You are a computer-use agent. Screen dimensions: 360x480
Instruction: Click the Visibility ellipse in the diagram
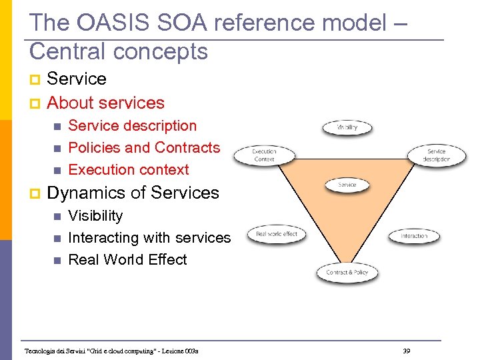(347, 127)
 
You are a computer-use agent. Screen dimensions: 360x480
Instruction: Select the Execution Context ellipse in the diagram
(264, 155)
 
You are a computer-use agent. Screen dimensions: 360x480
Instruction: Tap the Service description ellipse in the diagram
(436, 155)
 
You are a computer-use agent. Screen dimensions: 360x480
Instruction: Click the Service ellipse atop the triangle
(347, 185)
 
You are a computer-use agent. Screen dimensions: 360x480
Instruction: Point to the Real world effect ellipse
(276, 234)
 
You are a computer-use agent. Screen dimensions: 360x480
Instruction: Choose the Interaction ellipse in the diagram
(414, 236)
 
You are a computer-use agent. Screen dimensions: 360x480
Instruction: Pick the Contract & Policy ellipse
(347, 272)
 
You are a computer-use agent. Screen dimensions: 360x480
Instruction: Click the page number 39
(406, 351)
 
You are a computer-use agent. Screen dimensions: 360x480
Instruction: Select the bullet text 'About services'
(105, 103)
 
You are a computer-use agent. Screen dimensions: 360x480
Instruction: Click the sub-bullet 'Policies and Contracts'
(144, 147)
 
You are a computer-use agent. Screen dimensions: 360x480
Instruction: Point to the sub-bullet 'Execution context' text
(129, 169)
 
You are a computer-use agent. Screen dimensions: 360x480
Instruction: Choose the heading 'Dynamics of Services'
(133, 193)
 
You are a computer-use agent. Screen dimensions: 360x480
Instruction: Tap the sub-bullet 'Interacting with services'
(149, 237)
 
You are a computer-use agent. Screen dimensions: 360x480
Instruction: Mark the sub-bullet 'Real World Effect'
(127, 259)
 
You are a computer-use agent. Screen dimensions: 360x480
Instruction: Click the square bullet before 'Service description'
(57, 126)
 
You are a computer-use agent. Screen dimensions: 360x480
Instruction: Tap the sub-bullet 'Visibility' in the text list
(95, 215)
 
